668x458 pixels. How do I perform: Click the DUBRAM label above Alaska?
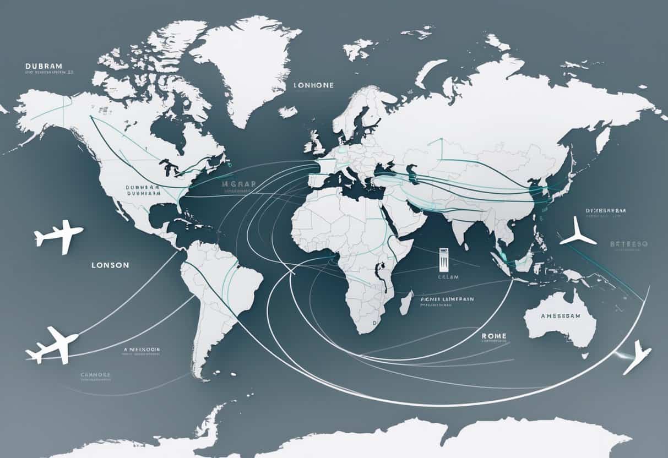[x=44, y=66]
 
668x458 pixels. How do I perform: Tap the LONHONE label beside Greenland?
[x=314, y=85]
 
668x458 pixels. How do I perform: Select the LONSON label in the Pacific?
[x=110, y=265]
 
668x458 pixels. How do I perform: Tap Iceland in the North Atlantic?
[x=287, y=111]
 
